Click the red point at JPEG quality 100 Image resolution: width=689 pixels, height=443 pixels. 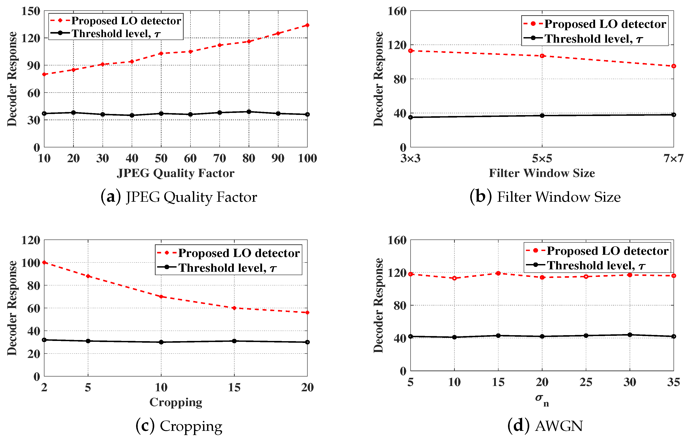click(x=307, y=25)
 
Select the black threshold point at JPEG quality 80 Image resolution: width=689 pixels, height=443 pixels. click(x=249, y=112)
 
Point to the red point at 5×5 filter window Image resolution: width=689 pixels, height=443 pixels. click(x=542, y=56)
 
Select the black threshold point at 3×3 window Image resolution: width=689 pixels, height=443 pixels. click(x=411, y=117)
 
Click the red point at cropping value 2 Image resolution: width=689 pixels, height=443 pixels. click(x=44, y=262)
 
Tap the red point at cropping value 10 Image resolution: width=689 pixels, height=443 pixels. click(x=161, y=296)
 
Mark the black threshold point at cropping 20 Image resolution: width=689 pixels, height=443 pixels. click(x=307, y=342)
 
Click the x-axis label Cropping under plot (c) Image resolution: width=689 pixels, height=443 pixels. click(x=175, y=402)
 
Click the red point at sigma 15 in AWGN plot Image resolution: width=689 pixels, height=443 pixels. click(x=498, y=273)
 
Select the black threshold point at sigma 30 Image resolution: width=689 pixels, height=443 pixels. click(x=630, y=335)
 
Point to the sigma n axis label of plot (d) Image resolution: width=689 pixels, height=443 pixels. click(x=542, y=399)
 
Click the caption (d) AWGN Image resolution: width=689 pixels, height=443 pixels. click(x=545, y=426)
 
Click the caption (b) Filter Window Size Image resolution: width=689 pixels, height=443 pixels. click(x=545, y=197)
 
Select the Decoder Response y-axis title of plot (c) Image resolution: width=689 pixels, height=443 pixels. click(x=12, y=308)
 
